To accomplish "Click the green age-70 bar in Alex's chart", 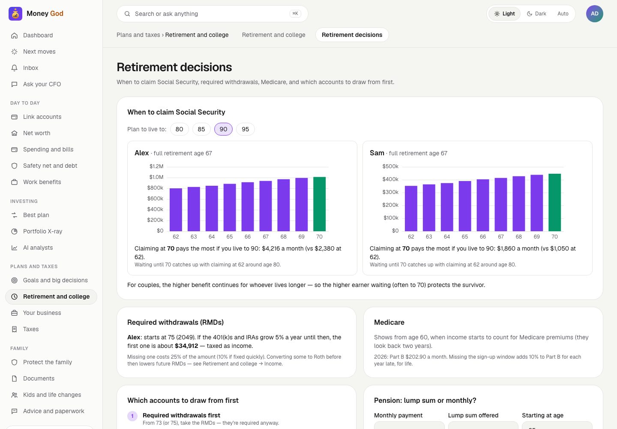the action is click(319, 204).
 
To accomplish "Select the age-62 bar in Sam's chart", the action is click(410, 208).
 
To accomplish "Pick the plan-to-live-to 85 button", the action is click(201, 129).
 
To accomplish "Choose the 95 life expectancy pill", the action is click(245, 129).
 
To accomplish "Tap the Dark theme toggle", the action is click(536, 14).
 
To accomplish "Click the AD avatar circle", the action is click(594, 14).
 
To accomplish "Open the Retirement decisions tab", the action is click(352, 35).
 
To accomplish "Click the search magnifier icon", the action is click(127, 14).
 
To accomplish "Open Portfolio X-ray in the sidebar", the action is click(42, 231).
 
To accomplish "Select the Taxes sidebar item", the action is click(30, 329).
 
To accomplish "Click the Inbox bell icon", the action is click(14, 68).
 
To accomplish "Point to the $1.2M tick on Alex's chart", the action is click(156, 166).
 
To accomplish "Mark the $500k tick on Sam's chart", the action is click(390, 166).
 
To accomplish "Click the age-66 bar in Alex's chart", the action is click(247, 207).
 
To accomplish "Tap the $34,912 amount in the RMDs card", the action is click(186, 346).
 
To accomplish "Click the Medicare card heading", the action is click(389, 323).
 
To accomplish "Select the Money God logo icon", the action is click(15, 14).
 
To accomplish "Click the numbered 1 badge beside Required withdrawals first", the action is click(132, 416).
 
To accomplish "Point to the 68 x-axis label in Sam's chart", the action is click(518, 237).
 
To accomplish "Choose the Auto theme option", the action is click(563, 14).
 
